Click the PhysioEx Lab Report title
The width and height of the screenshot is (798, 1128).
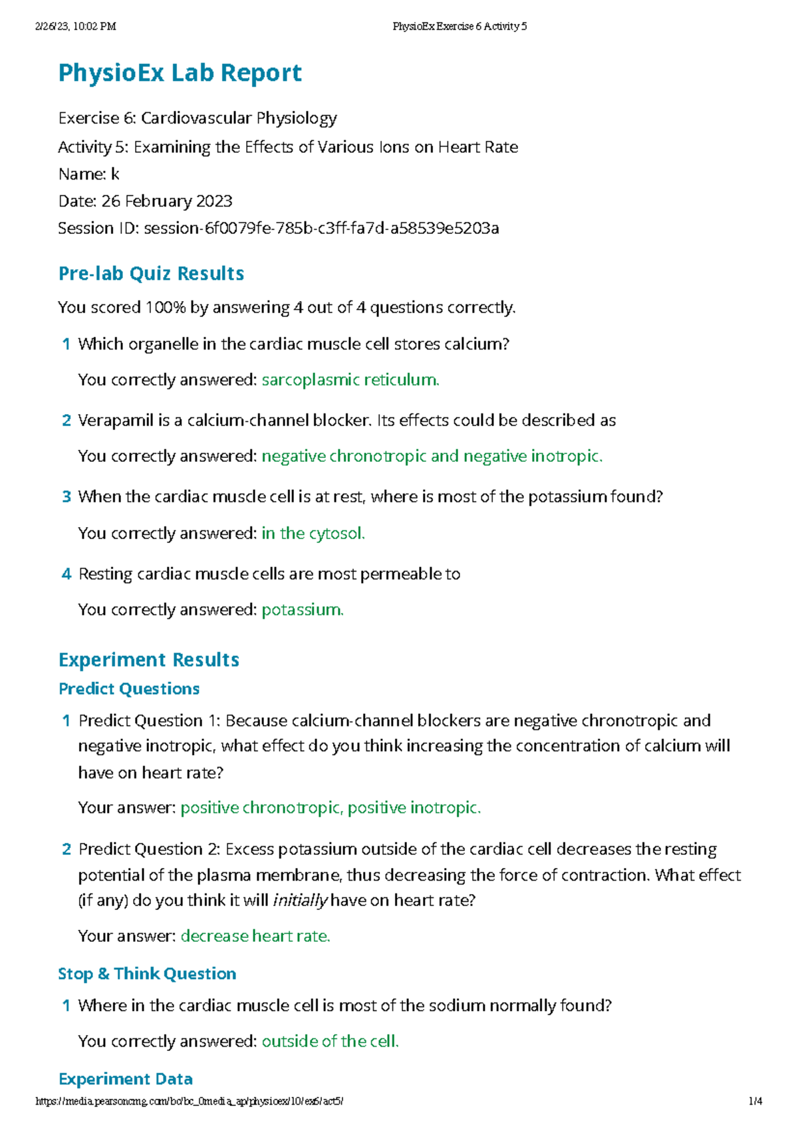[x=180, y=72]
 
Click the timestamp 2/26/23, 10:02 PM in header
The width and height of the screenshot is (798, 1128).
[x=75, y=27]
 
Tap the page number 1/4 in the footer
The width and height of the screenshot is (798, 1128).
[x=755, y=1101]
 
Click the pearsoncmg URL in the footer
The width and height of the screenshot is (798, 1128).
[x=189, y=1101]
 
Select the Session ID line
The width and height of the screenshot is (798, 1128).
[x=278, y=229]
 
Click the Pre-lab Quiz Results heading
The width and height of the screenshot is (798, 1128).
[x=151, y=274]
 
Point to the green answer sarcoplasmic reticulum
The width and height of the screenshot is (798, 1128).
[x=350, y=380]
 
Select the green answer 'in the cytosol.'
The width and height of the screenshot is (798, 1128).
[x=313, y=534]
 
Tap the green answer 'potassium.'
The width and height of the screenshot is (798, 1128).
[x=303, y=610]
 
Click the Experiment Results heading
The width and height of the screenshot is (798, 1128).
[x=148, y=660]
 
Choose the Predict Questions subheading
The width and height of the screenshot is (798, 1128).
[x=129, y=689]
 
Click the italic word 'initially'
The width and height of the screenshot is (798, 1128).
[x=300, y=901]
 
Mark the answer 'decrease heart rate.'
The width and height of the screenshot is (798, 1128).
[x=255, y=937]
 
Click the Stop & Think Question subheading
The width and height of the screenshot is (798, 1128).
[x=147, y=974]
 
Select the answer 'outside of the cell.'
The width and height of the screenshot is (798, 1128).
[x=330, y=1042]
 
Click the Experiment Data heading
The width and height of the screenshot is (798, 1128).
[x=126, y=1079]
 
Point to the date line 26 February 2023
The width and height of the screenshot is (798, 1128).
[x=145, y=201]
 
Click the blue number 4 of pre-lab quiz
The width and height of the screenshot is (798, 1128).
[x=66, y=574]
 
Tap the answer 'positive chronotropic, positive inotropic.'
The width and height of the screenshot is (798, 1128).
[x=331, y=808]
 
